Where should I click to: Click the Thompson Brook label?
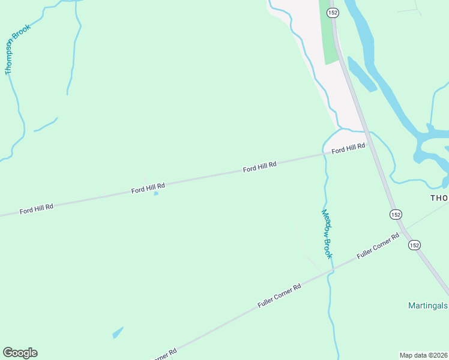[17, 49]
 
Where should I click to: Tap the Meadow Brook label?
[327, 233]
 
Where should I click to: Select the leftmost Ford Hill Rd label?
[37, 209]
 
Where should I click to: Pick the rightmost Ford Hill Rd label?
[348, 148]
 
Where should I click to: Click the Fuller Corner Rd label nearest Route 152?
[378, 246]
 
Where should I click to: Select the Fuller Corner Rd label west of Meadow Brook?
[279, 296]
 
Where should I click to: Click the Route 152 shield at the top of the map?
[333, 13]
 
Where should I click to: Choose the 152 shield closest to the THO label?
[395, 214]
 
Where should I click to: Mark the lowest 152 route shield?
[414, 245]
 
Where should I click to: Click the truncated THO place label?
[439, 197]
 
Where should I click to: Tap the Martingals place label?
[427, 305]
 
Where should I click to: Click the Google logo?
[20, 353]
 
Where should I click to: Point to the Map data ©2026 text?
[423, 355]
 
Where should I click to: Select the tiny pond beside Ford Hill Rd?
[156, 193]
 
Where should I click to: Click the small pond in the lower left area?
[118, 332]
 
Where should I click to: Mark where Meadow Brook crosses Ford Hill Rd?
[325, 155]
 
